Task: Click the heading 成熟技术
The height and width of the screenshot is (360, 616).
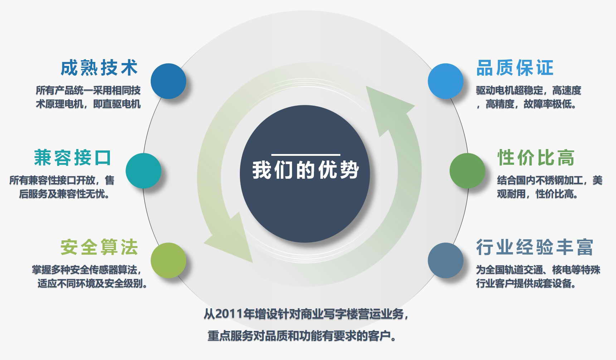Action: click(x=99, y=68)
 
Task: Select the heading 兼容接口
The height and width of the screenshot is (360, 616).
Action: click(x=73, y=158)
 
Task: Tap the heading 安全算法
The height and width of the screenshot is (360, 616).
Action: click(x=99, y=247)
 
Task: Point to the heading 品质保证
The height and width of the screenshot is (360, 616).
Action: click(x=515, y=68)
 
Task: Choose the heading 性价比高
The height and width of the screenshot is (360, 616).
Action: click(x=536, y=158)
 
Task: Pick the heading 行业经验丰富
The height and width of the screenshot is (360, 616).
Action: click(x=535, y=247)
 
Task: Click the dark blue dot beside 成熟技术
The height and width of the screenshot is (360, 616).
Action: click(x=168, y=81)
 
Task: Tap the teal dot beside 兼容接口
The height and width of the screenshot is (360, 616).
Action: click(x=143, y=171)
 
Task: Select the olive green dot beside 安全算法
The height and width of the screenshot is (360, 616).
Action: click(x=168, y=260)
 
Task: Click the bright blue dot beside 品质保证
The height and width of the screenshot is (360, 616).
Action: click(x=446, y=81)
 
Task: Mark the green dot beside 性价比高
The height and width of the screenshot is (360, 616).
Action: click(x=467, y=171)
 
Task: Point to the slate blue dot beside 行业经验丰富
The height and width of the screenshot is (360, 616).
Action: click(x=446, y=260)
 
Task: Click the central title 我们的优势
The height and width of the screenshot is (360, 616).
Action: click(x=305, y=170)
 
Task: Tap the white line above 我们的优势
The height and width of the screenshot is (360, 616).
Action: click(x=306, y=155)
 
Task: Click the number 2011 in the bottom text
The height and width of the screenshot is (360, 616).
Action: click(x=229, y=314)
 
